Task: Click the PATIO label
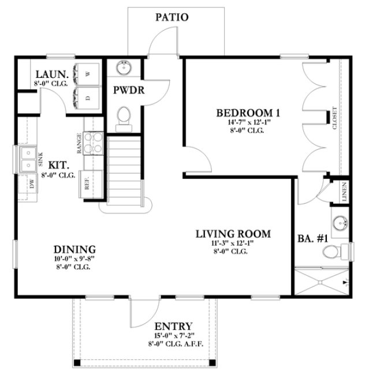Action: point(172,17)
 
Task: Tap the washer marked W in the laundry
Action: point(88,74)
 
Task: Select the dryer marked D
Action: point(88,97)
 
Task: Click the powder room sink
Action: point(124,68)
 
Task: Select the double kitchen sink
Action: point(27,160)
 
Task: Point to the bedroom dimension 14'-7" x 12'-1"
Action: point(249,122)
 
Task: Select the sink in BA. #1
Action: point(340,222)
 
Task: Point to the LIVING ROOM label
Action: point(233,234)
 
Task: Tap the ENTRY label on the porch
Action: point(174,326)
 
